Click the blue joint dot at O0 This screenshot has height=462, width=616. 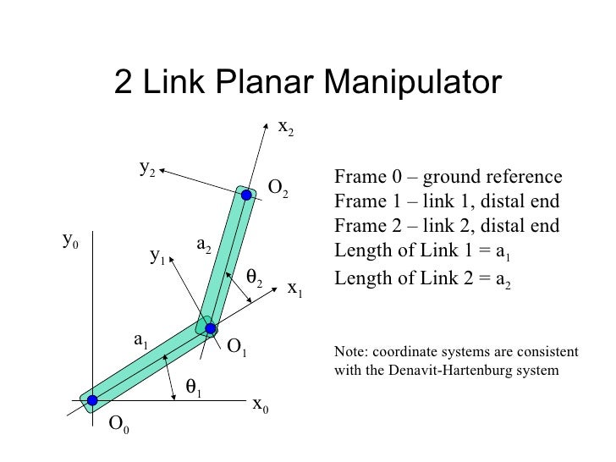tap(91, 400)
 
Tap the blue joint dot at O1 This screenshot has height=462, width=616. tap(211, 328)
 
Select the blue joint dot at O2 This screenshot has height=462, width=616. tap(246, 195)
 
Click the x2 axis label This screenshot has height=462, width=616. tap(286, 128)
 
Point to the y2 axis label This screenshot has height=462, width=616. tap(147, 168)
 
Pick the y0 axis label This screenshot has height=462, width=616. tap(71, 240)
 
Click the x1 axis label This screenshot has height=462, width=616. tap(294, 289)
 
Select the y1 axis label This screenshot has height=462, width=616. tap(157, 255)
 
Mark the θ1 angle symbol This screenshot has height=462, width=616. tap(194, 388)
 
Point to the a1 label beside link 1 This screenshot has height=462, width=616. tap(140, 340)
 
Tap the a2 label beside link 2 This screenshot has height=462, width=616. tap(204, 245)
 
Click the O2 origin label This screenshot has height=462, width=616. tap(278, 187)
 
